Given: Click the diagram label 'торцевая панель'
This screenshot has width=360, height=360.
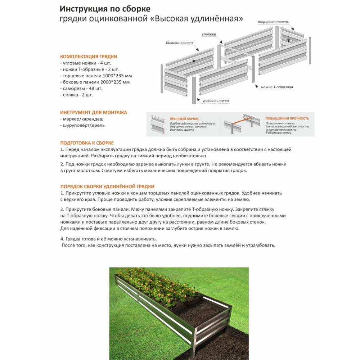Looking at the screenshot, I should click(x=273, y=22).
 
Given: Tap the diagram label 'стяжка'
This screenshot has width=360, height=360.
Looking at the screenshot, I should click(x=209, y=34).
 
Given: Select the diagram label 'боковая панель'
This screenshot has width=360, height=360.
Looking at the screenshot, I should click(x=180, y=43).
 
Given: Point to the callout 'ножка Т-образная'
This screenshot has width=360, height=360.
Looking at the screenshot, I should click(x=277, y=87).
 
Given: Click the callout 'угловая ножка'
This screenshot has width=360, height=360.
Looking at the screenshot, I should click(x=216, y=101).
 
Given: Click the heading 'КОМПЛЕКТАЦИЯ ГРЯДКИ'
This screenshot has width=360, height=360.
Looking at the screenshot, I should click(x=88, y=57).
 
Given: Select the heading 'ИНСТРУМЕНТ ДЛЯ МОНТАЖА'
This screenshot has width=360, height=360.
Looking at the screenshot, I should click(x=93, y=112).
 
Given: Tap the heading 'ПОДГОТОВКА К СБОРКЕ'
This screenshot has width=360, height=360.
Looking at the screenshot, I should click(x=87, y=143).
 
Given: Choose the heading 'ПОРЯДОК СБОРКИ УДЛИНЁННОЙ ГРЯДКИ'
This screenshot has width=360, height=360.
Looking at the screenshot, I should click(x=107, y=186).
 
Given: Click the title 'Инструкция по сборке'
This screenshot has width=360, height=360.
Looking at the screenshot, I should click(x=105, y=9).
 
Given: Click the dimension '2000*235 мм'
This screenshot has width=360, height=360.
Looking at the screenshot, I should click(x=116, y=82).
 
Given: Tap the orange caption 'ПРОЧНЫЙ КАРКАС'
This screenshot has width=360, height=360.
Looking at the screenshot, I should click(x=184, y=118).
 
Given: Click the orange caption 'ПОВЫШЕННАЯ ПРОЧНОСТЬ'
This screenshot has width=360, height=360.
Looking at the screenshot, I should click(x=287, y=118).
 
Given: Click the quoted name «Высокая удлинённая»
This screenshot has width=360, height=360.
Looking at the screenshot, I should click(x=198, y=19).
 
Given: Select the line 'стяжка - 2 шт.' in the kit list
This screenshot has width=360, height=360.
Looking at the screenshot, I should click(x=76, y=95).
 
